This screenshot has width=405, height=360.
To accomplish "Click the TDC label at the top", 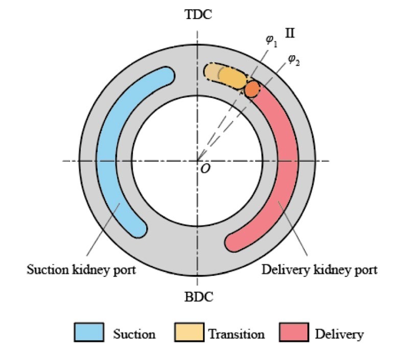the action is (198, 14).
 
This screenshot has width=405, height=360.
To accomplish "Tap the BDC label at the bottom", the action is (199, 297).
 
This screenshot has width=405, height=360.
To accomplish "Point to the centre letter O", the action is (205, 169).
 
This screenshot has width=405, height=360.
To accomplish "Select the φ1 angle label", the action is (272, 41).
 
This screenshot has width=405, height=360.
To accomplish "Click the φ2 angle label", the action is (294, 60).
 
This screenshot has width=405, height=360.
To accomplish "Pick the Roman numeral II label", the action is (290, 33).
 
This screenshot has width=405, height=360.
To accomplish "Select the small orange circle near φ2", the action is (252, 89).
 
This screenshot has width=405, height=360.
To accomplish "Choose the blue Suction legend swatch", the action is (89, 332).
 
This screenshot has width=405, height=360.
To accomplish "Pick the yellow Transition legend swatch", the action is (189, 332).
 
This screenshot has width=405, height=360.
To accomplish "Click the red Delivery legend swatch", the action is (294, 332).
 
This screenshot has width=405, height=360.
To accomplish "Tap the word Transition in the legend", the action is (236, 334).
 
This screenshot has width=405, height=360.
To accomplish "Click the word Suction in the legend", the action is (134, 334).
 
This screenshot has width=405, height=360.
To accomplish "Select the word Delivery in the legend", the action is (340, 334).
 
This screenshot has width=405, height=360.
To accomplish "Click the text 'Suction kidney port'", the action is (81, 270).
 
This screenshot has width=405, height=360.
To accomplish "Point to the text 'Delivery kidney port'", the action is (320, 270).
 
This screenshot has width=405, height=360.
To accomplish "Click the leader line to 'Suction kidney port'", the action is (103, 229).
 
